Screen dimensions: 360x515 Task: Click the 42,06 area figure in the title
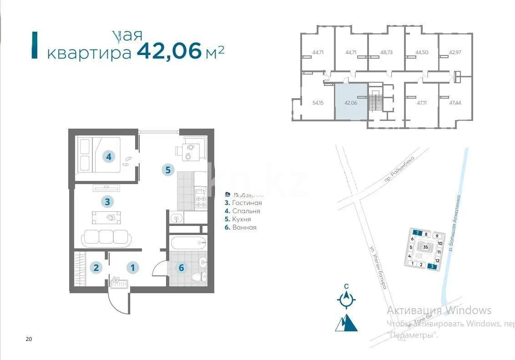(169, 51)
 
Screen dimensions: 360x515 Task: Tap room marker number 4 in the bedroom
(108, 157)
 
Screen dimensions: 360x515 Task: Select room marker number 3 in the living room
(107, 201)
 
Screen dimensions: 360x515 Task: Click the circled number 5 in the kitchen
(168, 170)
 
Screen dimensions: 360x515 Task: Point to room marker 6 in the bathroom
(181, 268)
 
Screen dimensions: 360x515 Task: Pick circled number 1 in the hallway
(132, 268)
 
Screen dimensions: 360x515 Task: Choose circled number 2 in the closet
(96, 267)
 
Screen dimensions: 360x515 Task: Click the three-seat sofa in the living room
(106, 237)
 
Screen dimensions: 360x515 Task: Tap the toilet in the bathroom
(197, 276)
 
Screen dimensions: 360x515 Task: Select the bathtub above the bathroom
(188, 242)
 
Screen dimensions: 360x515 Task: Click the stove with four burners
(201, 199)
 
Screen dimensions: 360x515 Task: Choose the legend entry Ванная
(244, 227)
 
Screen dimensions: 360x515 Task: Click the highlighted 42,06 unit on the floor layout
(351, 102)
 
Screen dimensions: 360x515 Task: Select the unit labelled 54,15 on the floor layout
(318, 103)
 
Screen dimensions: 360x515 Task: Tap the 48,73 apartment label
(386, 52)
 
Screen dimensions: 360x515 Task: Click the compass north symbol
(347, 298)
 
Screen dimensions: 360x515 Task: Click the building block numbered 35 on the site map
(425, 247)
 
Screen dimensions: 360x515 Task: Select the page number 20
(29, 339)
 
